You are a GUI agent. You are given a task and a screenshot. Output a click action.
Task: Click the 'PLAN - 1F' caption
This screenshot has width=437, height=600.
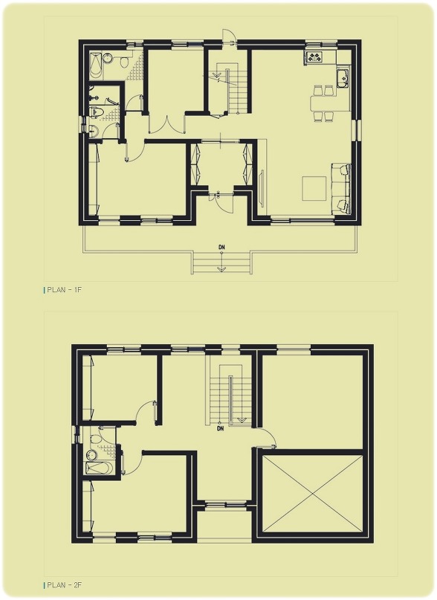click(x=64, y=290)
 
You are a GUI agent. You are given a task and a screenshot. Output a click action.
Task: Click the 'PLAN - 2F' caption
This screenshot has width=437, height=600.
click(x=64, y=585)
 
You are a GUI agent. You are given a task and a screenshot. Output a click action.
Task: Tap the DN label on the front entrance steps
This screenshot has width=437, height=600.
click(x=221, y=247)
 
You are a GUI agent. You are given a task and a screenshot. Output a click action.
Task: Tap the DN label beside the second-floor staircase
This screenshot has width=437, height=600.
click(x=220, y=428)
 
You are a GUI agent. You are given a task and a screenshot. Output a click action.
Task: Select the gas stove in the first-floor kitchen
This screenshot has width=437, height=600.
click(x=314, y=57)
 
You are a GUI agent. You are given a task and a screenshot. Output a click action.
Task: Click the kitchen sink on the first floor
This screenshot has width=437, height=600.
click(x=343, y=78)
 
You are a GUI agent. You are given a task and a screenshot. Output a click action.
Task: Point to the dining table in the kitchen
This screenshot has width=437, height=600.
click(x=323, y=103)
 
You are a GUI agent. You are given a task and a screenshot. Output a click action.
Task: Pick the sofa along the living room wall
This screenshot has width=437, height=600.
click(x=341, y=189)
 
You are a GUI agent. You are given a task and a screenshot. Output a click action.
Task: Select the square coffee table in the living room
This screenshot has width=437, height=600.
click(x=314, y=188)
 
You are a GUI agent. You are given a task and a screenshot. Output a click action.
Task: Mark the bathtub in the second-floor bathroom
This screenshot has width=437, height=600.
click(x=99, y=468)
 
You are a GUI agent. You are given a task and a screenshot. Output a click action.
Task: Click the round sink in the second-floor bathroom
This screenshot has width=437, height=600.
click(x=91, y=455)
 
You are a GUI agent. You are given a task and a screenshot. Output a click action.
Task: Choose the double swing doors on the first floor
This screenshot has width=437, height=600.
click(x=166, y=123)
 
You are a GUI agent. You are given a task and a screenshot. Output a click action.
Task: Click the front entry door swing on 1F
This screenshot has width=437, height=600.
click(x=224, y=204)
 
